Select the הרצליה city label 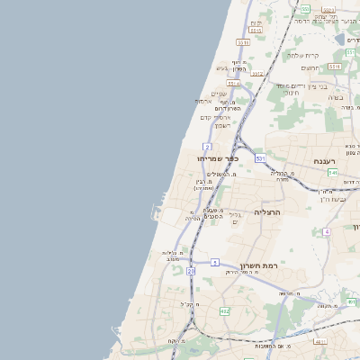point(267,211)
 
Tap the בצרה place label point(336,96)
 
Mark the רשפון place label point(223,124)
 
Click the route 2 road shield point(207,146)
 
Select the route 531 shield point(259,157)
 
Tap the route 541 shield point(332,172)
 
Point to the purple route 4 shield point(327,231)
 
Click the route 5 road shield point(215,262)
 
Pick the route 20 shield point(191,270)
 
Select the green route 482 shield point(224,310)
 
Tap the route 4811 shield point(319,342)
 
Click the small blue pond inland point(352,40)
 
